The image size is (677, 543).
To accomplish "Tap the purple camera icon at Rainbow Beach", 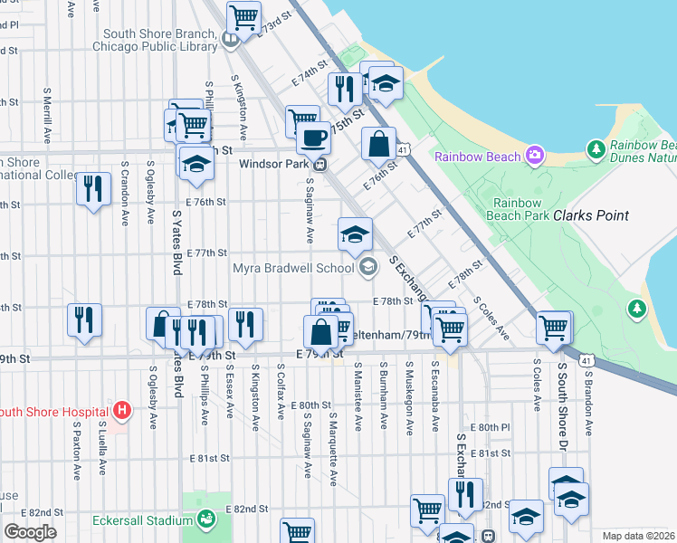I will click(x=535, y=156).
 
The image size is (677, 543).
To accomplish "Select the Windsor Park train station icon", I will click(x=319, y=165).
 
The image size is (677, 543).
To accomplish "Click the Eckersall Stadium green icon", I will click(x=207, y=519).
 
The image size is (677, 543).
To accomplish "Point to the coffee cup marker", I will click(x=313, y=138).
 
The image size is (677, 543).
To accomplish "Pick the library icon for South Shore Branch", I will click(x=231, y=40).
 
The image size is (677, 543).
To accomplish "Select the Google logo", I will click(x=30, y=531).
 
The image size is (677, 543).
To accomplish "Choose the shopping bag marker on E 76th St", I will click(x=378, y=143).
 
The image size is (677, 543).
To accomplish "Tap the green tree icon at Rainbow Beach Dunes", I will click(x=596, y=148).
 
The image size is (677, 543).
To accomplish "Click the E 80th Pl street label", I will click(x=491, y=426).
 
